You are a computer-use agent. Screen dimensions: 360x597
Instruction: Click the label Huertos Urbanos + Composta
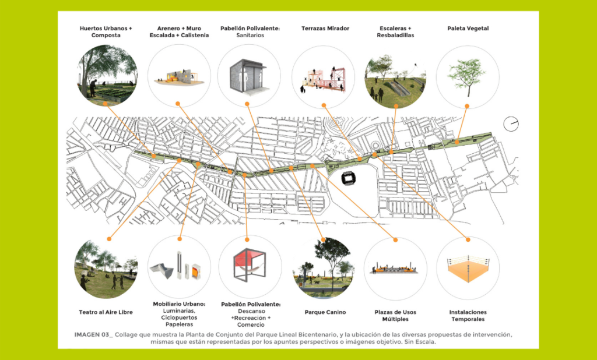click(106, 31)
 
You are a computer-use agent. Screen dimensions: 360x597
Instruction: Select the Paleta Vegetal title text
click(468, 28)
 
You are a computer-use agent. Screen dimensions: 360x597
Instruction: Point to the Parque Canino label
click(322, 312)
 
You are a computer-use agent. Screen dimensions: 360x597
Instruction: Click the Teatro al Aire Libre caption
click(106, 312)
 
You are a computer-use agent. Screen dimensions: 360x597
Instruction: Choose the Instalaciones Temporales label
click(468, 316)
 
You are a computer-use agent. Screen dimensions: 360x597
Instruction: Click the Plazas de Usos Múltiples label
click(395, 316)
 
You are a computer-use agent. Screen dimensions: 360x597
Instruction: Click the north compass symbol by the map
click(511, 123)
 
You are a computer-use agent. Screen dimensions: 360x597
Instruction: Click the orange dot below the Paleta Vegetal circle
click(468, 105)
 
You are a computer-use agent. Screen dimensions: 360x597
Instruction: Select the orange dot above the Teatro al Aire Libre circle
click(109, 238)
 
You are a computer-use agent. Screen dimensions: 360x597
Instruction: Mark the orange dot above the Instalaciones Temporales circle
click(468, 239)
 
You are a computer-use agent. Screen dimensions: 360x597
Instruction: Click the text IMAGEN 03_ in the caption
click(93, 334)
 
